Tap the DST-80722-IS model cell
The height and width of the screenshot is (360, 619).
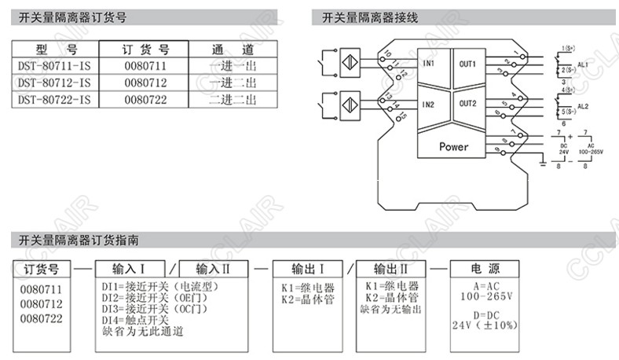click(53, 100)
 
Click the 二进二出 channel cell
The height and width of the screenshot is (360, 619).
click(233, 100)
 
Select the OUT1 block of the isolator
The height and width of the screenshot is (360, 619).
click(468, 64)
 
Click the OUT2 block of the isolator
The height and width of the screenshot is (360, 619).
click(468, 104)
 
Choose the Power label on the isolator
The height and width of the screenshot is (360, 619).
click(453, 147)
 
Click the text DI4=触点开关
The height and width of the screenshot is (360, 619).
click(135, 320)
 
